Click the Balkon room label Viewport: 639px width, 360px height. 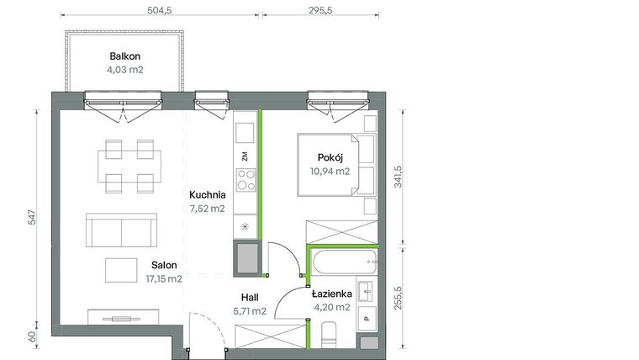click(x=124, y=56)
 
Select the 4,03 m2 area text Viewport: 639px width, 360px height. click(x=124, y=70)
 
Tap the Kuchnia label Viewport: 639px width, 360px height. click(x=206, y=194)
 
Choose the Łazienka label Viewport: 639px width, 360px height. click(x=331, y=294)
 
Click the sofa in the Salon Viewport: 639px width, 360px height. click(x=122, y=230)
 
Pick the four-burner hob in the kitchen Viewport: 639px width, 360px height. click(x=246, y=180)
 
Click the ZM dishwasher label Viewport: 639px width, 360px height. click(x=245, y=156)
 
